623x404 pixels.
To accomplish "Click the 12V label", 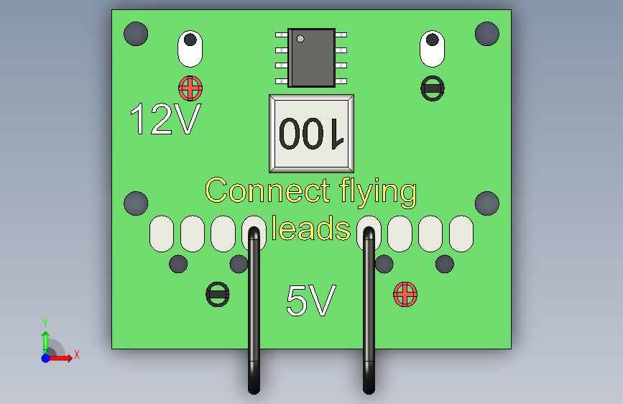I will pyautogui.click(x=165, y=120).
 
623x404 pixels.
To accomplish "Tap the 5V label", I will pyautogui.click(x=310, y=301).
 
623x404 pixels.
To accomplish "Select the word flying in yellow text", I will pyautogui.click(x=378, y=193).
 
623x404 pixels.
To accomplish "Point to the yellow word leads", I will pyautogui.click(x=310, y=229).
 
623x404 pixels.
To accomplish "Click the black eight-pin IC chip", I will pyautogui.click(x=311, y=58).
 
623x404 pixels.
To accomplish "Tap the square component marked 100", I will pyautogui.click(x=311, y=134).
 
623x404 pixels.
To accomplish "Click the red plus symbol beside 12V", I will pyautogui.click(x=190, y=88).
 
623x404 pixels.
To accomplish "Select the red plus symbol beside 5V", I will pyautogui.click(x=405, y=294).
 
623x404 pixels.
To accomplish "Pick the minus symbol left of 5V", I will pyautogui.click(x=218, y=294).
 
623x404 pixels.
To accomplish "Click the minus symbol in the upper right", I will pyautogui.click(x=433, y=88).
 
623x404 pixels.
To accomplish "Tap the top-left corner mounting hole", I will pyautogui.click(x=136, y=34).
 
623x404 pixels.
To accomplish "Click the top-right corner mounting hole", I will pyautogui.click(x=487, y=34).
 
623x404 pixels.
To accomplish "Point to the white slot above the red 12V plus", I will pyautogui.click(x=190, y=48).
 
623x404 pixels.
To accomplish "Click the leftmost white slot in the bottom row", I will pyautogui.click(x=162, y=234).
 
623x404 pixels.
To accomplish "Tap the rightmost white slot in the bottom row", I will pyautogui.click(x=461, y=234).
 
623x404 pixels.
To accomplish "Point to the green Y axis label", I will pyautogui.click(x=45, y=323).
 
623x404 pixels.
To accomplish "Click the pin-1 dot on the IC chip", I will pyautogui.click(x=301, y=38).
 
